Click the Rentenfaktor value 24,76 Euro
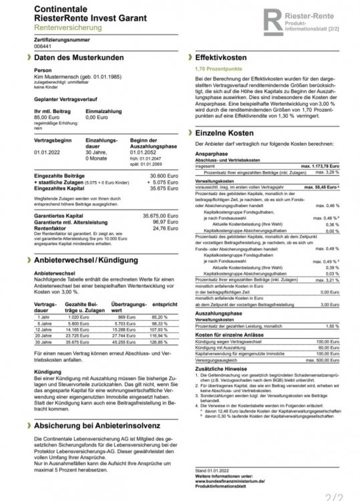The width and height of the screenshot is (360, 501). (x=161, y=228)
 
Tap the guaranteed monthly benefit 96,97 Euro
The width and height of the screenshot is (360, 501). (x=161, y=222)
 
